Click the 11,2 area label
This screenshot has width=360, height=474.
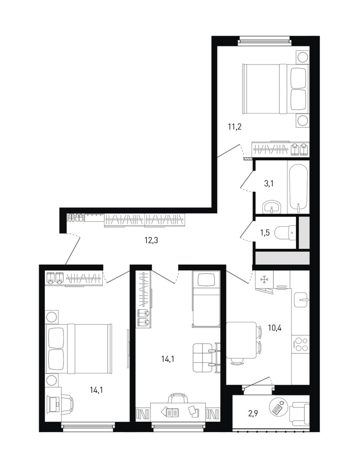(234, 127)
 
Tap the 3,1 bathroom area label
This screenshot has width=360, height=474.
(269, 183)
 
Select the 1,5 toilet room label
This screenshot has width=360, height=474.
(265, 233)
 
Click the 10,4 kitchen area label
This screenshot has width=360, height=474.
(275, 327)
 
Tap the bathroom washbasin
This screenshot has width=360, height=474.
(272, 208)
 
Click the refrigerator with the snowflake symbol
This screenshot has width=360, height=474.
(264, 279)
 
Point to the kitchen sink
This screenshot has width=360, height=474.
(301, 300)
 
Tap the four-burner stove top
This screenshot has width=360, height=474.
(301, 345)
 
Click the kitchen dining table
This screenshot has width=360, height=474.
(242, 340)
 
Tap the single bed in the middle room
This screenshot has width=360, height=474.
(205, 299)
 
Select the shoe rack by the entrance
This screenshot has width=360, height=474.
(75, 218)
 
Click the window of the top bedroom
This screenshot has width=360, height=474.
(264, 41)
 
